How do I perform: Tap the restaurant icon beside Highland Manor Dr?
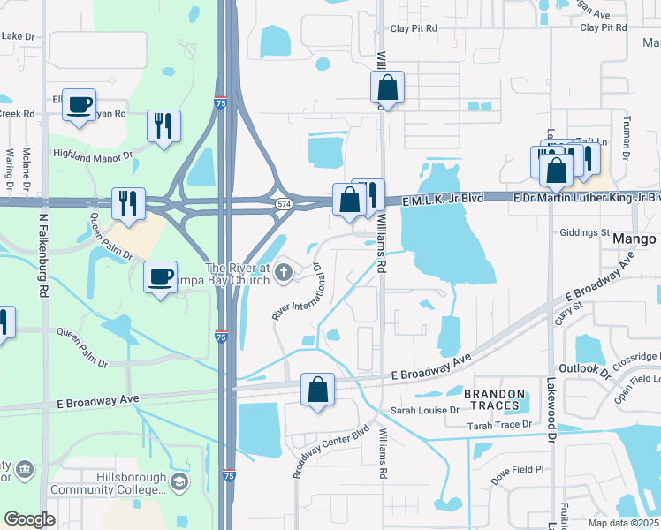click(163, 125)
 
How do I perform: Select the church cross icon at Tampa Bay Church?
click(285, 272)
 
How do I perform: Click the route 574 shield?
click(283, 204)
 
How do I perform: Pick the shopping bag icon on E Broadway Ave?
click(317, 390)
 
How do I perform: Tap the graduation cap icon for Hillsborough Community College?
click(179, 481)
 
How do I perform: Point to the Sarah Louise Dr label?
click(425, 411)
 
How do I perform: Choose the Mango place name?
click(635, 239)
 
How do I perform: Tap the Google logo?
click(29, 519)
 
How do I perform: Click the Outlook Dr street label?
click(585, 367)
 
